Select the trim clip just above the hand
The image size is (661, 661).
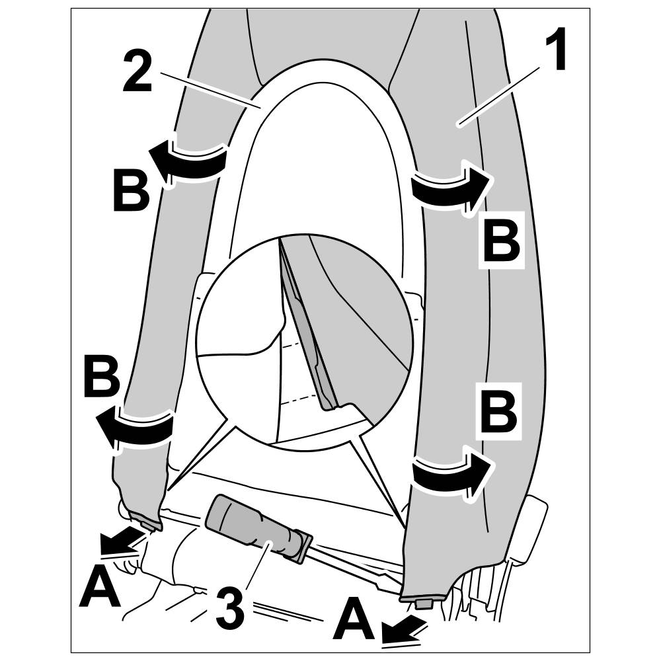(149, 522)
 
